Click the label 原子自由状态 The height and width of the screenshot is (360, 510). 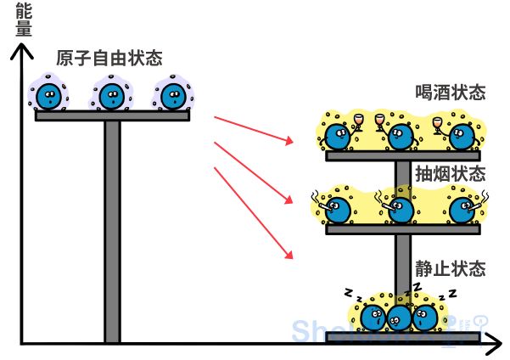[x=109, y=59]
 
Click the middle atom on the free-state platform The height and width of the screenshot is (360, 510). [x=111, y=96]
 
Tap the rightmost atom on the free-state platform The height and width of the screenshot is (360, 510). [x=172, y=96]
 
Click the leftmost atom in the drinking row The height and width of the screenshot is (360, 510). [x=339, y=134]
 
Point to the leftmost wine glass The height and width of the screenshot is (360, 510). [x=358, y=121]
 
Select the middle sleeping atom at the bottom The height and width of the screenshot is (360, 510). [x=399, y=318]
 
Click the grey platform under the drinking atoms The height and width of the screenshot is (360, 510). [x=402, y=155]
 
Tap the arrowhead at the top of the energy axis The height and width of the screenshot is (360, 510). [x=23, y=53]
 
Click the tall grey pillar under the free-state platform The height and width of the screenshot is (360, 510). [x=112, y=229]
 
